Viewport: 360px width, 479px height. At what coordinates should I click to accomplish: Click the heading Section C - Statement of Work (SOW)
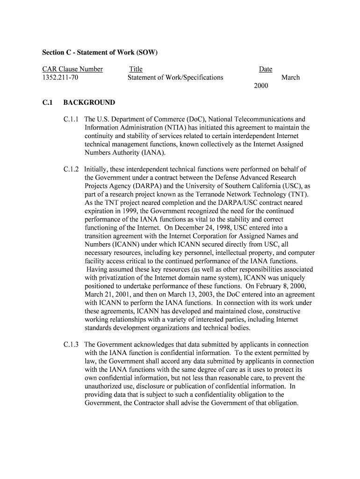click(100, 52)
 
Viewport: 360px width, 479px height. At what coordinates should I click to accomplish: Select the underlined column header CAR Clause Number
click(72, 69)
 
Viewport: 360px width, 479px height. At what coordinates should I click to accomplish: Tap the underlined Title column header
click(136, 69)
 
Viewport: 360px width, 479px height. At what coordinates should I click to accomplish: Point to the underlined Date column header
click(266, 69)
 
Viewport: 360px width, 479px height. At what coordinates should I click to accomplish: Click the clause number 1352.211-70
click(60, 78)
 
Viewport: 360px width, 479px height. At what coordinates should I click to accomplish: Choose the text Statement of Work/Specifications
click(175, 78)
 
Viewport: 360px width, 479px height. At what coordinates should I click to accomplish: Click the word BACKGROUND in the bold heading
click(89, 103)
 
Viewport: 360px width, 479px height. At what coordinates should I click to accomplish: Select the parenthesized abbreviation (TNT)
click(291, 195)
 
